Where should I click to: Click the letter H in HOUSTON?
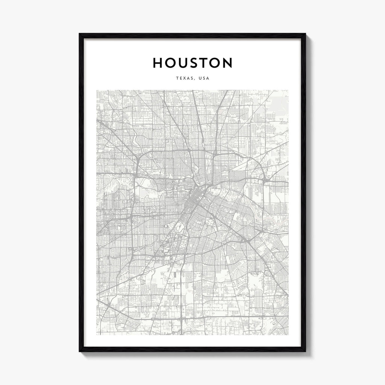click(x=158, y=63)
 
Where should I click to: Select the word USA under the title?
click(x=204, y=79)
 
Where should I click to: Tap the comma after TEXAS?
click(x=195, y=80)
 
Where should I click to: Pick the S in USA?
click(x=204, y=79)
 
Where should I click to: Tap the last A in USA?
click(x=208, y=79)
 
